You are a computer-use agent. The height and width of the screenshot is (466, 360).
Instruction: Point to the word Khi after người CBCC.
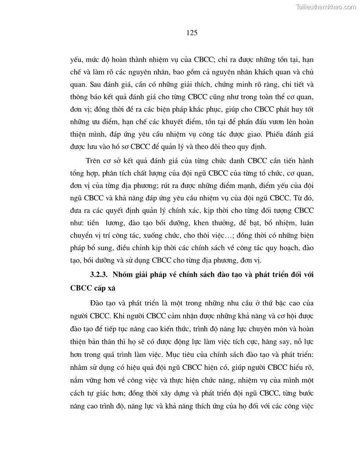point(114,317)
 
